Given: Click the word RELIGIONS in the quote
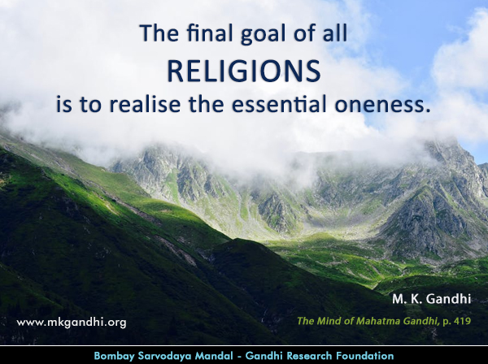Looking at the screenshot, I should coord(244,71).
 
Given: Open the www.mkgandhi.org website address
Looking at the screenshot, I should coord(72,322).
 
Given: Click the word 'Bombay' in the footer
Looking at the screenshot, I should coord(115,356).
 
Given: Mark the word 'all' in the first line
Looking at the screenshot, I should coord(335,35).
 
